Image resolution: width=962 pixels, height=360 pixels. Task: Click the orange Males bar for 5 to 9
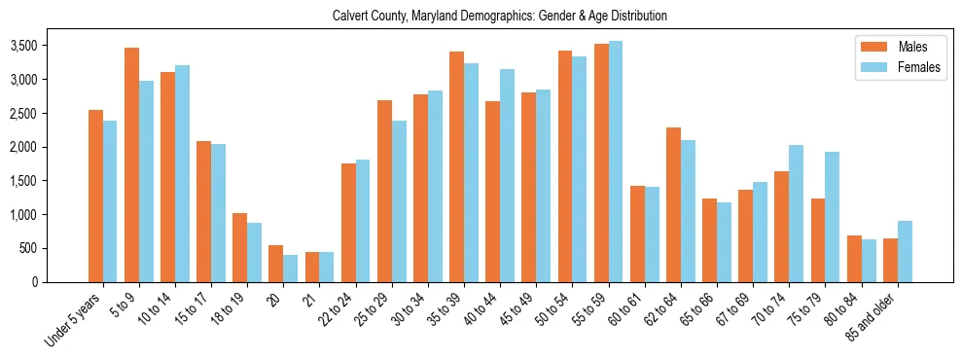point(131,164)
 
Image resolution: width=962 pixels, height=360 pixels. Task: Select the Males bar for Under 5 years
point(95,196)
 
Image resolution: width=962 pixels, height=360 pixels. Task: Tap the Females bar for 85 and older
point(904,251)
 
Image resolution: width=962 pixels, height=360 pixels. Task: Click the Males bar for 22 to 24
point(348,223)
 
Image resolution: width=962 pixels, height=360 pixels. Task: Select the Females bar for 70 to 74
point(796,213)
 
